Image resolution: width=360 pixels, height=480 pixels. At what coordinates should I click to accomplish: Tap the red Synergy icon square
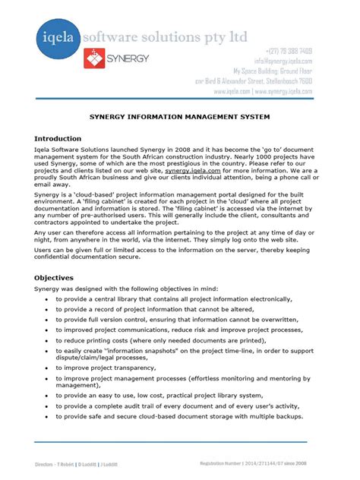(x=93, y=58)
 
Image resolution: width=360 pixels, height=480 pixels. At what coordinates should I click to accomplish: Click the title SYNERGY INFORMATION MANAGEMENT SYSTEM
(x=179, y=118)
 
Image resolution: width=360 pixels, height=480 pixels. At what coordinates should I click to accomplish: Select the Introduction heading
(x=58, y=138)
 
